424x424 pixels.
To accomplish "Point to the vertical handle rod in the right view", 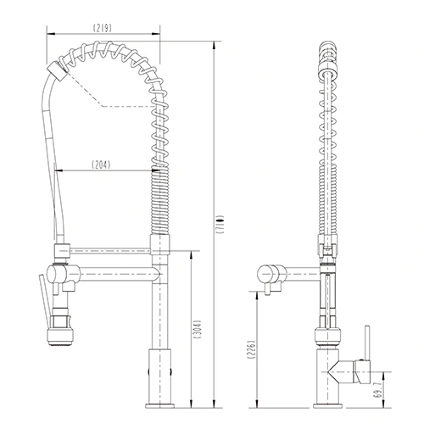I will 367,343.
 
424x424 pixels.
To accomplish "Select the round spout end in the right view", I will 267,273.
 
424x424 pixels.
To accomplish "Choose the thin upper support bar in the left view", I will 110,251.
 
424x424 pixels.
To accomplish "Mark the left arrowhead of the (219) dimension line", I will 45,35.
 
